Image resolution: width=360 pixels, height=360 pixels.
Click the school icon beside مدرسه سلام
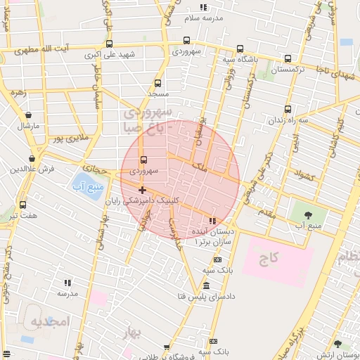coord(204,7)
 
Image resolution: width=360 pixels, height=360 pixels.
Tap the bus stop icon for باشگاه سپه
coord(240,49)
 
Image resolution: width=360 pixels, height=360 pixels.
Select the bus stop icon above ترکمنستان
coord(288,59)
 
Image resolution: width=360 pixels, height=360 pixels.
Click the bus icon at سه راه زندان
coord(288,109)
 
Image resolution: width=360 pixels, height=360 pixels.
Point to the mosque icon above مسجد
coord(157,83)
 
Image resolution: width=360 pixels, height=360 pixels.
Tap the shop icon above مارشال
coord(28,115)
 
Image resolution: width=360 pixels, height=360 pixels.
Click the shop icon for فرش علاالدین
coord(32,159)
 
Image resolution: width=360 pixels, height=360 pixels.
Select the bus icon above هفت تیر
coord(23,205)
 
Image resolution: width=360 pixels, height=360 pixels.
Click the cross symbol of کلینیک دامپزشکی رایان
coord(142,190)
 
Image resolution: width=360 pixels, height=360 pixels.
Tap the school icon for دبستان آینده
coord(212,221)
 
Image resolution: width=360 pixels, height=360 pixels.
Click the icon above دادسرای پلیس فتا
coord(206,286)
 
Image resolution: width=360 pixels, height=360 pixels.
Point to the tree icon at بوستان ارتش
coord(337,344)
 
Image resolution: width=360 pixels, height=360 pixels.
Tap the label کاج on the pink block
coord(269,258)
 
